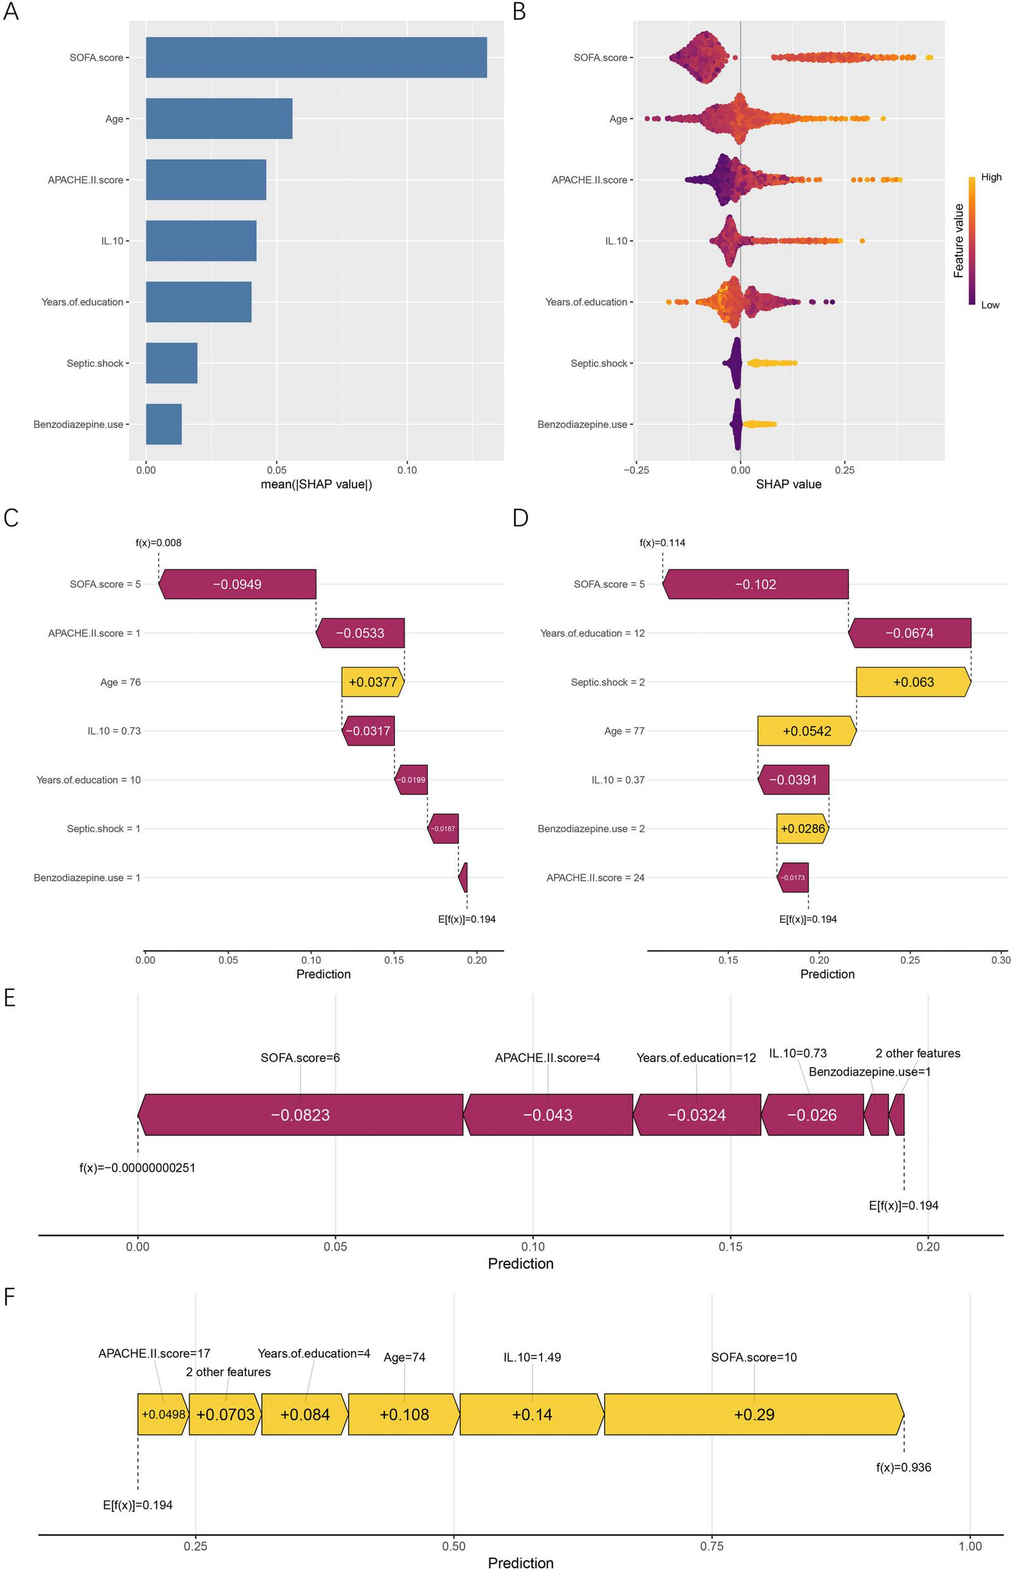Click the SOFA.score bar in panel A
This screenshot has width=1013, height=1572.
(316, 57)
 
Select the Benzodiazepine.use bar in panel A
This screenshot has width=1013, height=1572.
(164, 424)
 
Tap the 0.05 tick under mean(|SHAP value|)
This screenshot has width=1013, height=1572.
(276, 470)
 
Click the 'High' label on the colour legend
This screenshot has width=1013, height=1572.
(991, 177)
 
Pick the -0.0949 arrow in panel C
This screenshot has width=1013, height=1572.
(237, 585)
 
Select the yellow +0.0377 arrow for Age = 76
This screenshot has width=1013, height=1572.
(372, 682)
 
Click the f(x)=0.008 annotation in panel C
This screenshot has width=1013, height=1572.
(158, 543)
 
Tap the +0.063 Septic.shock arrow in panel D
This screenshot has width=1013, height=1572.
(913, 682)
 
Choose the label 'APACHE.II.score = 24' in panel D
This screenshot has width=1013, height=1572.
(595, 878)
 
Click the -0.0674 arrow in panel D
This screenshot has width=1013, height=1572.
(909, 633)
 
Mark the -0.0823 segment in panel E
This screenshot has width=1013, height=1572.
(300, 1115)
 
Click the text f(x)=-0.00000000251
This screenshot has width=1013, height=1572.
(138, 1168)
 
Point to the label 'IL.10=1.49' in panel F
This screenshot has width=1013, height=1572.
(532, 1357)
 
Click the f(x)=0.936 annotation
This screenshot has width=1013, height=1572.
(903, 1467)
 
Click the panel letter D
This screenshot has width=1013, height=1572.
(519, 518)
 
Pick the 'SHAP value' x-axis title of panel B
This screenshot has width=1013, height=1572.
(788, 484)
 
